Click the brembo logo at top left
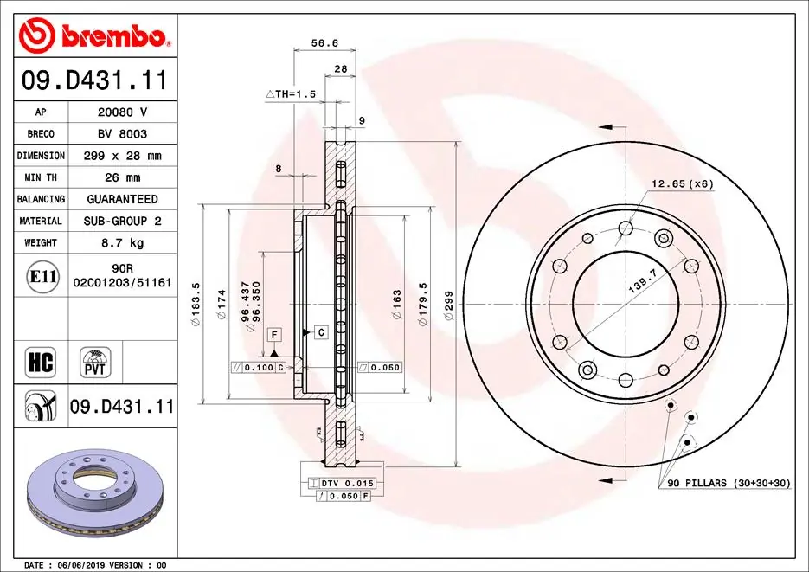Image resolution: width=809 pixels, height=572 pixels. (93, 36)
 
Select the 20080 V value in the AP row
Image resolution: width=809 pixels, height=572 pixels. (122, 112)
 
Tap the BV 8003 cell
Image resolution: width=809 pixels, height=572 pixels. (122, 134)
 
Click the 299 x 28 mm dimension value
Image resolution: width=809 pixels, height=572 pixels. (122, 156)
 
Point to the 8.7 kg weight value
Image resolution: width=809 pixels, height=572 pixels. (122, 243)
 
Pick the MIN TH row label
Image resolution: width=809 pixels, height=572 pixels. (41, 177)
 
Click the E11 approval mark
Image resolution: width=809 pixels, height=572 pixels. (42, 277)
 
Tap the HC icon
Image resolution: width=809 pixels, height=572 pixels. (42, 363)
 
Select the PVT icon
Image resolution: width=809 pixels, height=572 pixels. (93, 363)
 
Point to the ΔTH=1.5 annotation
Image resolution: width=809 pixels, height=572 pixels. (291, 93)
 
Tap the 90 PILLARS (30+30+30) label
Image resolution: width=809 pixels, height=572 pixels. (729, 483)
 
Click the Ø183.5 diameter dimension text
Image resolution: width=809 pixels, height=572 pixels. (196, 304)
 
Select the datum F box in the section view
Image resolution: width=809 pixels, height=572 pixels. (274, 334)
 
